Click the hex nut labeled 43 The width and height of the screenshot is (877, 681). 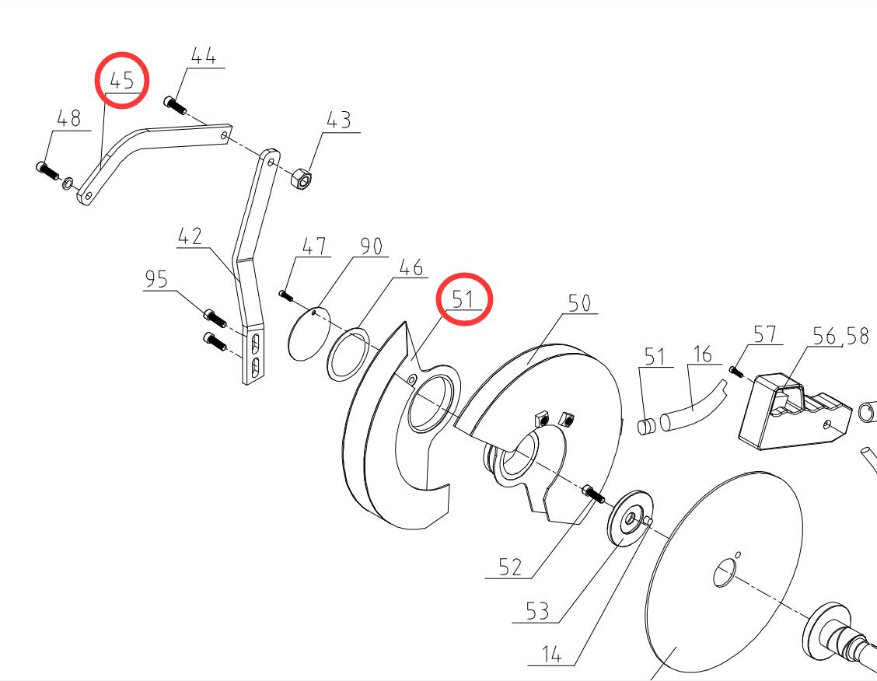(299, 180)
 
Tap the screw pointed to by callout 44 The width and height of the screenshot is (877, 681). (173, 104)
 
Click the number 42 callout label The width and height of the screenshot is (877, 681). (190, 236)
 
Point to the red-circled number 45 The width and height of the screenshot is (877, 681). (122, 79)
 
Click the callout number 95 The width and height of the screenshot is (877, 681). (156, 278)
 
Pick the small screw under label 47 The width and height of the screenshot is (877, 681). (284, 295)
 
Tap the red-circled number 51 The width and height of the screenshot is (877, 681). (465, 298)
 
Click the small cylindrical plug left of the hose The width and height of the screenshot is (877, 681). (645, 425)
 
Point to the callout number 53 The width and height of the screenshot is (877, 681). (536, 612)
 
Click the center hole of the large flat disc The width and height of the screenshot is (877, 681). (724, 574)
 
